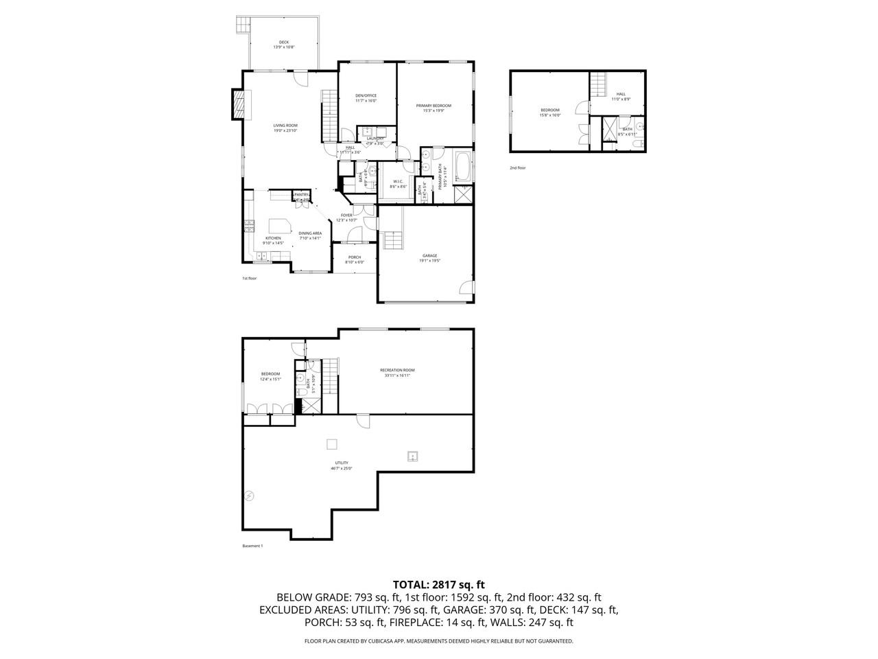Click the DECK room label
[283, 45]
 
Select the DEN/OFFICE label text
[366, 98]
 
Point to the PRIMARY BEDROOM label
[434, 108]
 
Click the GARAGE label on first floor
[429, 258]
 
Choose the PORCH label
[354, 259]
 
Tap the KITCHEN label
[273, 240]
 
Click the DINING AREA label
[310, 235]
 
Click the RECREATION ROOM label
[398, 373]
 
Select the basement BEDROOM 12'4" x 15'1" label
[270, 376]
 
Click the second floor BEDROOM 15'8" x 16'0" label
[549, 113]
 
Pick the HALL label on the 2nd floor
[620, 97]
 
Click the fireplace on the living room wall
[238, 104]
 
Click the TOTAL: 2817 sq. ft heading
[438, 585]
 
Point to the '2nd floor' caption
[517, 168]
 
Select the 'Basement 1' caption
[252, 546]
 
